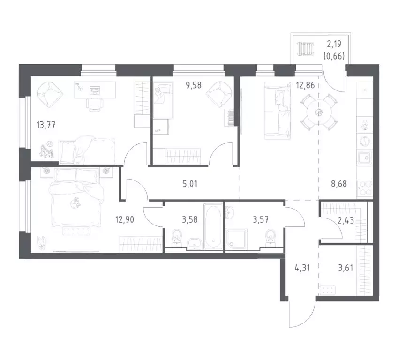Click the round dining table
[x=318, y=112]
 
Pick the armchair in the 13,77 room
[x=49, y=94]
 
